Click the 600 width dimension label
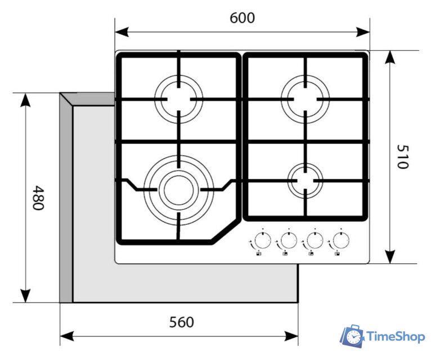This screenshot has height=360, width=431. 243,18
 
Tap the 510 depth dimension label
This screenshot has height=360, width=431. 403,156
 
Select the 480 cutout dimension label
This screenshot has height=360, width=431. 38,197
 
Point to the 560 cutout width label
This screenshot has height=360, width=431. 181,322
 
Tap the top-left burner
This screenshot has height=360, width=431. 178,98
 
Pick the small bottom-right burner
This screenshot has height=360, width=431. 305,180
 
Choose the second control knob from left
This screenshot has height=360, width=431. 288,241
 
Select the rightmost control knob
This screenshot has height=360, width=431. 339,241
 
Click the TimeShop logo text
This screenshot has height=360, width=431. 396,337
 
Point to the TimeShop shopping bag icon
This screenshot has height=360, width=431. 352,336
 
